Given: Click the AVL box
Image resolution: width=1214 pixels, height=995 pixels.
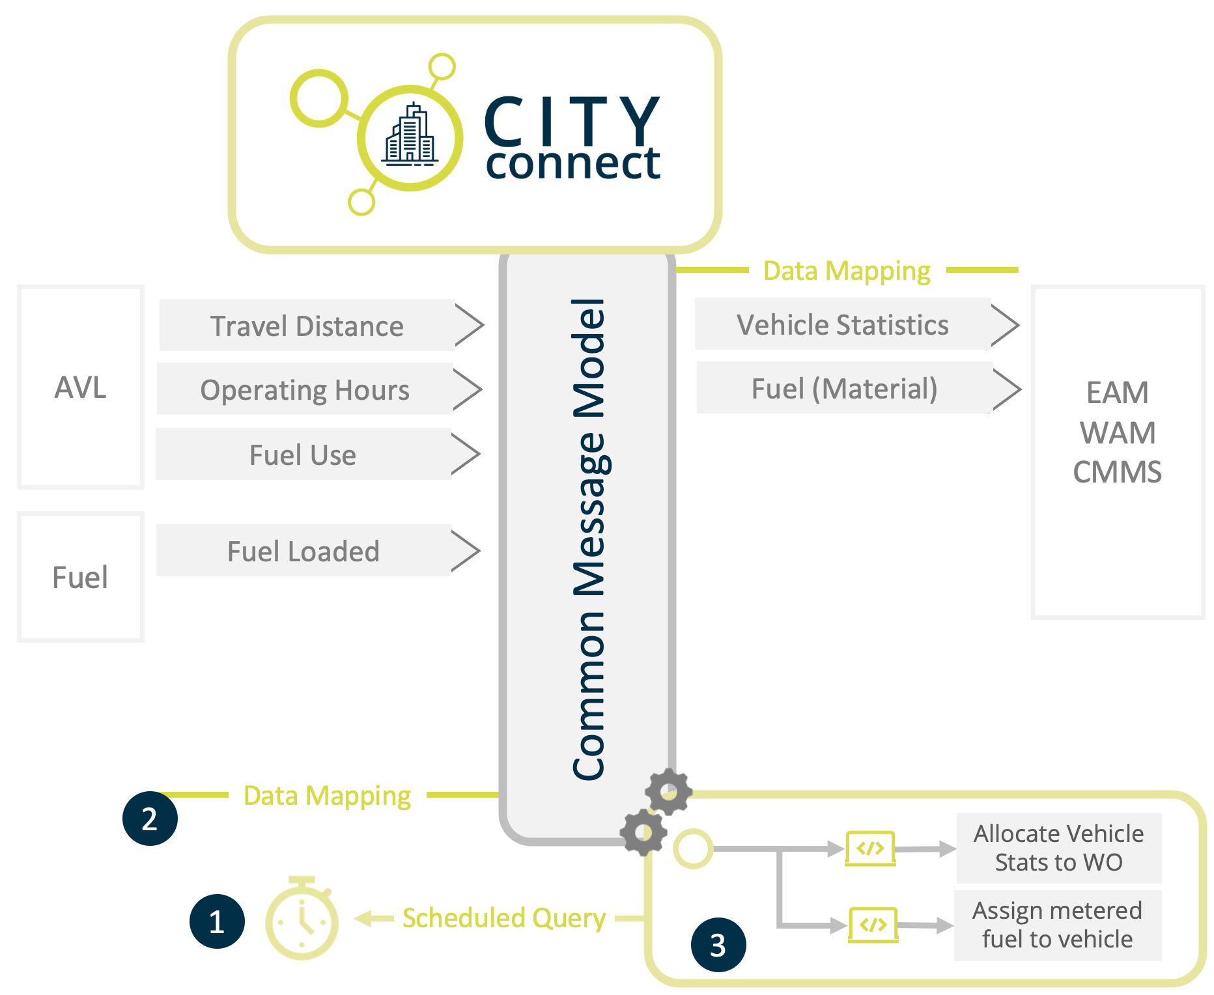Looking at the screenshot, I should point(80,387).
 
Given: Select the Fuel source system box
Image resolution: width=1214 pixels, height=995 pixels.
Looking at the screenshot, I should point(80,577).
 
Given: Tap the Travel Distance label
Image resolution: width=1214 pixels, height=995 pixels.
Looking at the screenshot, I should point(307,326).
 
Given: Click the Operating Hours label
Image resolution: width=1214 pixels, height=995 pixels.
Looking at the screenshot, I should point(305,389).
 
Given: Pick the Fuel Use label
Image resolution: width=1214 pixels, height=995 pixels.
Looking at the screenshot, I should point(303,455).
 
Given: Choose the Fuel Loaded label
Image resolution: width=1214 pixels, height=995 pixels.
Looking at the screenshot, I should point(303,551).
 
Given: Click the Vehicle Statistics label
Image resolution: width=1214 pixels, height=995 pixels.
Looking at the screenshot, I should point(842,324).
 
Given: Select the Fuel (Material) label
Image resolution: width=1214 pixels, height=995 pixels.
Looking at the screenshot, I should point(844,389).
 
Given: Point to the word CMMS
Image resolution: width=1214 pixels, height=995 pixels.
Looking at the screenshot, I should point(1117,472).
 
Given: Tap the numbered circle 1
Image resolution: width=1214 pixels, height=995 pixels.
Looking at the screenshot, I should point(217,921).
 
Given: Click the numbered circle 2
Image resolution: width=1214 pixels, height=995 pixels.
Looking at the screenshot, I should point(150,819).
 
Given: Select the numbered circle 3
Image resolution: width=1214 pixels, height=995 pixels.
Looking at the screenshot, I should point(718,945).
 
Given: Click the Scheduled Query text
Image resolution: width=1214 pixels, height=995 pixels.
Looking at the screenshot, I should point(503,918).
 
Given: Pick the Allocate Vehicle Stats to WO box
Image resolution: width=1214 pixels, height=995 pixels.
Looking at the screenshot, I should point(1058,848).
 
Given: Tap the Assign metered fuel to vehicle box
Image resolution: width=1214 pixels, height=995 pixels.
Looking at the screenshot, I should point(1057,925).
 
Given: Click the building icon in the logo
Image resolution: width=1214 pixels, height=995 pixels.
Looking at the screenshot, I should point(410,135).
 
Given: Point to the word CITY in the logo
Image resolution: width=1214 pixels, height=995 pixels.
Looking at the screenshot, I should point(572,122).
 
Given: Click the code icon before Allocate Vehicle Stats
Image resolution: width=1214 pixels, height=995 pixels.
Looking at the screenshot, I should point(870,848).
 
